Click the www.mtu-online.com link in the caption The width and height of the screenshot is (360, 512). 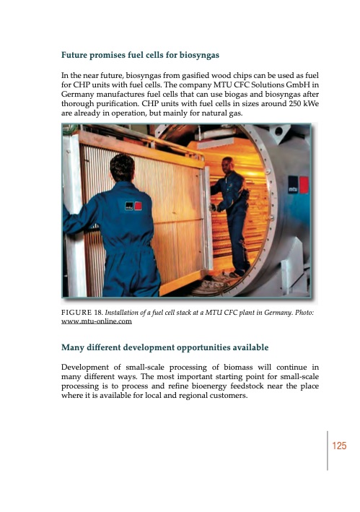pyautogui.click(x=96, y=321)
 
